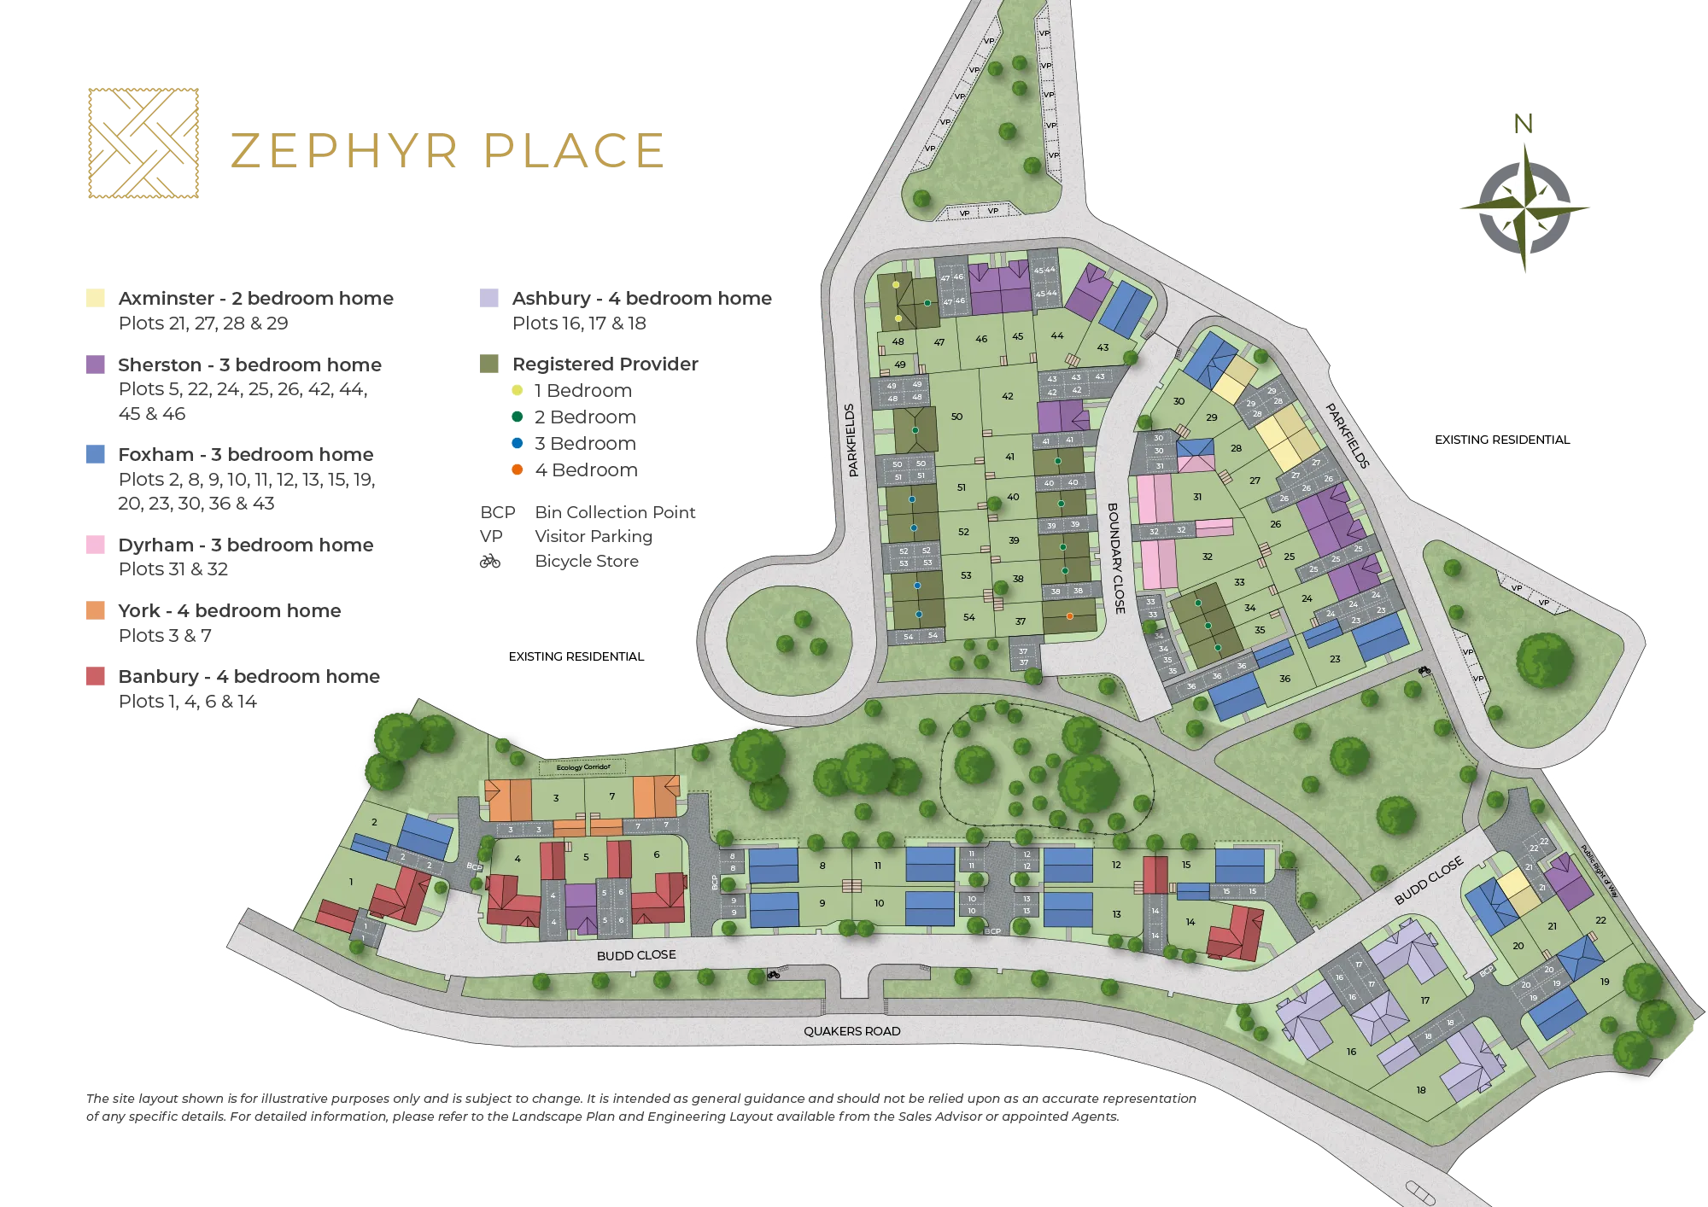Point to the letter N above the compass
(x=1523, y=125)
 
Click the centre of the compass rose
(x=1525, y=207)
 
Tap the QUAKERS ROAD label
(x=851, y=1031)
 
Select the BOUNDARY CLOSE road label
(x=1116, y=558)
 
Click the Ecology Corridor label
(x=583, y=767)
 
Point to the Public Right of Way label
(x=1599, y=870)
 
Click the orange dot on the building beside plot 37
(x=1069, y=615)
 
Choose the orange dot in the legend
(x=518, y=469)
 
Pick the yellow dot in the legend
(x=518, y=389)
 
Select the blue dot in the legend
(x=518, y=443)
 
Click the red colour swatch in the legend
(x=95, y=677)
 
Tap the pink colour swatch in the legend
(x=95, y=545)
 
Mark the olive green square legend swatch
(x=488, y=364)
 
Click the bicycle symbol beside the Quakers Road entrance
(x=774, y=973)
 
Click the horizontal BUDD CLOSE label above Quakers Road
(x=636, y=955)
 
